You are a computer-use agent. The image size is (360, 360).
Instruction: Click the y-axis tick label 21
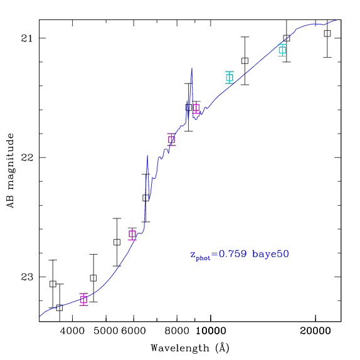(x=27, y=38)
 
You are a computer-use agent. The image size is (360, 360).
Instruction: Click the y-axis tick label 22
(x=27, y=157)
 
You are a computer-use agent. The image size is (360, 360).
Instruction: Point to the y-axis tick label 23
(x=27, y=277)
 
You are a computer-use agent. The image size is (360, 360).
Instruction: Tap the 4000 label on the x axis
(x=72, y=331)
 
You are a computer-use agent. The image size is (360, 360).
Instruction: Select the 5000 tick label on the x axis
(x=106, y=331)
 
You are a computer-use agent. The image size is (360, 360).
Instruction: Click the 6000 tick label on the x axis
(x=134, y=331)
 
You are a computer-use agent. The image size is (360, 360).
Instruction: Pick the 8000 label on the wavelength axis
(x=177, y=331)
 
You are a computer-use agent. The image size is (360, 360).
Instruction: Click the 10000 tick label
(x=211, y=331)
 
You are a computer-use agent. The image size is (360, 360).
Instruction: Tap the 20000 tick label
(x=315, y=331)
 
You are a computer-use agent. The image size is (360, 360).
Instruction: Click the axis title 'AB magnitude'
(x=11, y=171)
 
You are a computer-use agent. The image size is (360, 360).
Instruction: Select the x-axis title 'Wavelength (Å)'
(x=190, y=348)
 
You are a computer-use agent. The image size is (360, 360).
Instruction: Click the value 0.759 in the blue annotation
(x=233, y=254)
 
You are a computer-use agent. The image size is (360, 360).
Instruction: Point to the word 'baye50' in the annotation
(x=270, y=254)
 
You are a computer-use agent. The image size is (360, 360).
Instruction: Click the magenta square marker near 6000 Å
(x=132, y=234)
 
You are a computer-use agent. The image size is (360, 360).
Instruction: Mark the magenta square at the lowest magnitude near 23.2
(x=83, y=300)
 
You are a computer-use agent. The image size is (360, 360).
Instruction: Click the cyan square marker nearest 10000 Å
(x=230, y=78)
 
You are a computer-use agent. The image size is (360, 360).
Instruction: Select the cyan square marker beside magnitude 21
(x=282, y=50)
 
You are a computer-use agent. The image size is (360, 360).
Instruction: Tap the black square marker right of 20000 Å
(x=327, y=33)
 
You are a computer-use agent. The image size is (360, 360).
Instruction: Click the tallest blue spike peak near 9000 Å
(x=192, y=68)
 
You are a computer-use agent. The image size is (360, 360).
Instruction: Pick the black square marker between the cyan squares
(x=245, y=61)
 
